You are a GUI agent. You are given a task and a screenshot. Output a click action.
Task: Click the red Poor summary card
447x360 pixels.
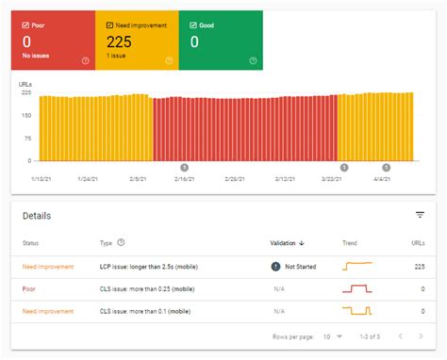(x=52, y=41)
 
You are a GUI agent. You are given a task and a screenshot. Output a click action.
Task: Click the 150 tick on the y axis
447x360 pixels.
(x=25, y=115)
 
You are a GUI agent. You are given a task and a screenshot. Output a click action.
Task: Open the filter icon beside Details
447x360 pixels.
(x=420, y=215)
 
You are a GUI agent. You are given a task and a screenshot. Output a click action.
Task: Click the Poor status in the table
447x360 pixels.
(x=31, y=288)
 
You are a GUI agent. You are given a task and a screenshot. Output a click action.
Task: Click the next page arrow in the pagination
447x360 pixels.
(x=422, y=335)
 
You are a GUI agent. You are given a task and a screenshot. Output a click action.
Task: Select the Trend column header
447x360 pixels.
(x=350, y=243)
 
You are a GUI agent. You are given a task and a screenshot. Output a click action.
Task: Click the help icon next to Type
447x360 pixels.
(x=121, y=243)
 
